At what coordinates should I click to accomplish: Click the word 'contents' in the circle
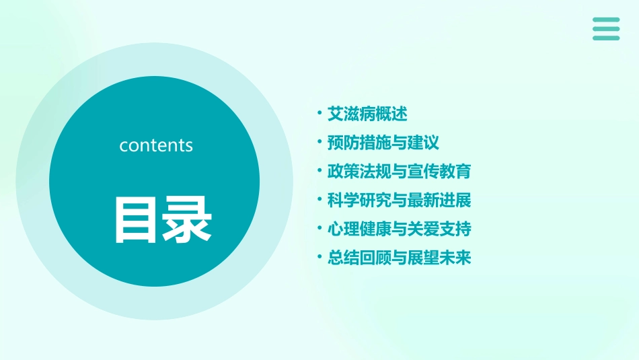point(156,145)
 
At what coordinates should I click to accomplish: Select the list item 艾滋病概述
point(367,114)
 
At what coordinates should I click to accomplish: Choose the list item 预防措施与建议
point(383,143)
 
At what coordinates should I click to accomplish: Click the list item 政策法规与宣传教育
point(399,172)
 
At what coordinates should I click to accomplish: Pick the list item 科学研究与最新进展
point(399,201)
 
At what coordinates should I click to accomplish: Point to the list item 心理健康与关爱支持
point(399,229)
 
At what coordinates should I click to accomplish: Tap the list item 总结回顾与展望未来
point(399,258)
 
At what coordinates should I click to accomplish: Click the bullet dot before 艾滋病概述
point(319,114)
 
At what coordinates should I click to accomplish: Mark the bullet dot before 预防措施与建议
point(319,143)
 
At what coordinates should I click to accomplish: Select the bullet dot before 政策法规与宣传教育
point(319,172)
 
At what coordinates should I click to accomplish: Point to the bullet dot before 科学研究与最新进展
point(319,201)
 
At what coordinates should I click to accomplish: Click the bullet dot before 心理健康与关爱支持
point(319,229)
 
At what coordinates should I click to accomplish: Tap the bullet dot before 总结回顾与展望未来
point(319,258)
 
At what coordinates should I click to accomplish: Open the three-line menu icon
point(606,29)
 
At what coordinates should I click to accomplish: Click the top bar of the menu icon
point(606,20)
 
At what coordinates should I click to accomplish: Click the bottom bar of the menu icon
point(606,38)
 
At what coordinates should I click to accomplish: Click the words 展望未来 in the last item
point(439,258)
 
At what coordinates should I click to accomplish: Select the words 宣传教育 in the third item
point(439,172)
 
